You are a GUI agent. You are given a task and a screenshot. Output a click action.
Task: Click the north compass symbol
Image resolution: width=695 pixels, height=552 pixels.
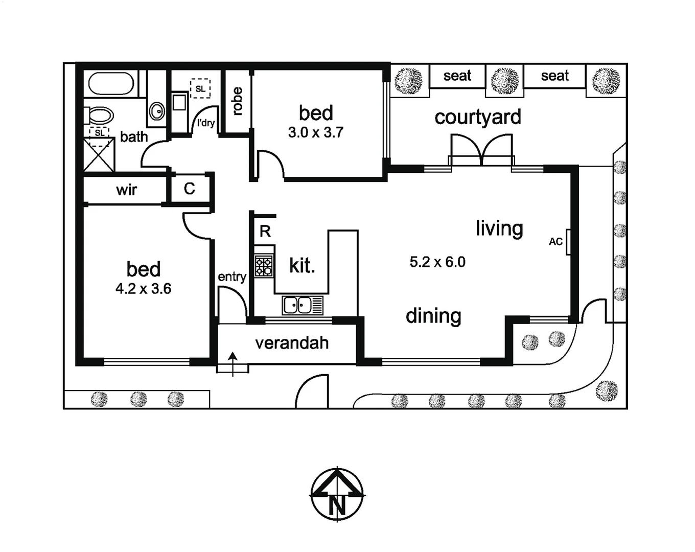[337, 494]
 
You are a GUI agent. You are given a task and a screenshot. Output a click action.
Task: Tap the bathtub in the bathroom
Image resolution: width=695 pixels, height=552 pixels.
[111, 83]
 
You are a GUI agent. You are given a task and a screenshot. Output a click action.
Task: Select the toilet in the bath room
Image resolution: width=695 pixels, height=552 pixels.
[99, 116]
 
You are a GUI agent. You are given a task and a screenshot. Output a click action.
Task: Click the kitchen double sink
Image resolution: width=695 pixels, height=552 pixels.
[298, 305]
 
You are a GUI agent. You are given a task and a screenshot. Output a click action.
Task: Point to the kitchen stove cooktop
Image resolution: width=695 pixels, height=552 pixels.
[264, 266]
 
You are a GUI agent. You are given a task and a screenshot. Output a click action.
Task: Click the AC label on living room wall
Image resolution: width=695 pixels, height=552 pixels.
[555, 241]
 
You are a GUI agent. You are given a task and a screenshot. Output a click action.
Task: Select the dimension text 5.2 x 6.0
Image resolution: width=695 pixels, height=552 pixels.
[437, 262]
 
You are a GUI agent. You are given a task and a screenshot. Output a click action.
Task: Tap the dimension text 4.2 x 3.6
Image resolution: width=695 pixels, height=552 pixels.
[143, 289]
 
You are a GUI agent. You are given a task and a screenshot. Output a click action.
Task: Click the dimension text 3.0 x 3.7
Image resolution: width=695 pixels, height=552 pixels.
[316, 132]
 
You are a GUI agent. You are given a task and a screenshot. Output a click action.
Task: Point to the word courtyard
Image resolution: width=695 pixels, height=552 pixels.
[478, 117]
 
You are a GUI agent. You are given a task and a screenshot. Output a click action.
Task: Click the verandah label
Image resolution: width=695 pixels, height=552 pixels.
[292, 343]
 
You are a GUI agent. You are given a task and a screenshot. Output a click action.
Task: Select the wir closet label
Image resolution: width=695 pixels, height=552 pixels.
[126, 190]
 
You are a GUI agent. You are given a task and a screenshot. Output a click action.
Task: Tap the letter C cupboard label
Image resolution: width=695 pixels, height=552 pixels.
[189, 189]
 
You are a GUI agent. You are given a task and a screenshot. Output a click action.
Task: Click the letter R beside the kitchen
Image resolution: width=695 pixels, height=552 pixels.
[265, 232]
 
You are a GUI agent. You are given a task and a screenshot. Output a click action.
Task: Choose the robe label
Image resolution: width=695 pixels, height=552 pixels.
[237, 101]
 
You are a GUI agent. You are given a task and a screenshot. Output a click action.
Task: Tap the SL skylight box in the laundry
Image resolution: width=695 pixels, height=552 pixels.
[200, 88]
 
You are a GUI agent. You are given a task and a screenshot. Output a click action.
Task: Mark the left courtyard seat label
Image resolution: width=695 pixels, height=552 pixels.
[457, 76]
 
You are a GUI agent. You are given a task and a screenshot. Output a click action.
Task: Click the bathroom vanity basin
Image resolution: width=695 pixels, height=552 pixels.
[157, 110]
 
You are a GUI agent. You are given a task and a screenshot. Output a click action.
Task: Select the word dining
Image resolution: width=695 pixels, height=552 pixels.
[433, 316]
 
